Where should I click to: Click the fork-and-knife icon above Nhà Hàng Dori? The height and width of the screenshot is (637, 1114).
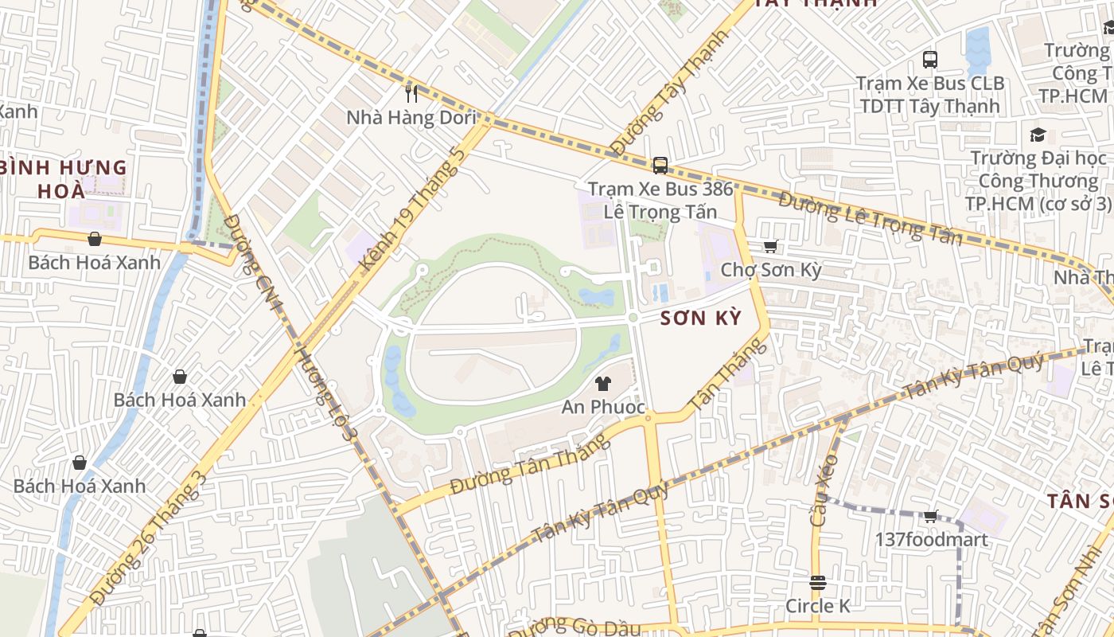click(x=411, y=94)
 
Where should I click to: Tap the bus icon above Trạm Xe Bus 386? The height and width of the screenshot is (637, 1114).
click(x=660, y=166)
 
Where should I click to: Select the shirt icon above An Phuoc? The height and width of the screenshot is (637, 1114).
click(x=602, y=384)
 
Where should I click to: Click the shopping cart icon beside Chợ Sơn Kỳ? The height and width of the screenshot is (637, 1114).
click(x=769, y=247)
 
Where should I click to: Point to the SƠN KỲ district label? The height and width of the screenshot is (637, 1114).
click(x=700, y=318)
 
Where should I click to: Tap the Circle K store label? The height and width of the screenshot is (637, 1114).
click(x=817, y=606)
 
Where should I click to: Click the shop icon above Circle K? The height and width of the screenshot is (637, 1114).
click(x=817, y=583)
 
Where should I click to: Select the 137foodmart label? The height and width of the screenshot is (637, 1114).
click(x=931, y=540)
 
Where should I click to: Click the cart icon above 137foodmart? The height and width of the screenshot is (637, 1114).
click(x=930, y=517)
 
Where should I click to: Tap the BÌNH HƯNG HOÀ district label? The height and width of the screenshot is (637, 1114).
click(x=64, y=179)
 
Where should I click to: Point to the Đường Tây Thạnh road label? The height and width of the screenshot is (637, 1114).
click(x=669, y=93)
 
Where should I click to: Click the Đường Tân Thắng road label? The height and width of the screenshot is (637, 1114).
click(x=529, y=464)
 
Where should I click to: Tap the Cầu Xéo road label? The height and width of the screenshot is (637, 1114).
click(x=824, y=490)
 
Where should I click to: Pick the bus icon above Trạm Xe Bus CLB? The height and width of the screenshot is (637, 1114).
click(x=929, y=59)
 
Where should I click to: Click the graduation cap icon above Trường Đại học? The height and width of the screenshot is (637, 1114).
click(x=1038, y=135)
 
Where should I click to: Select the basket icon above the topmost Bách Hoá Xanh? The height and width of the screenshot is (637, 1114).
click(x=95, y=239)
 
